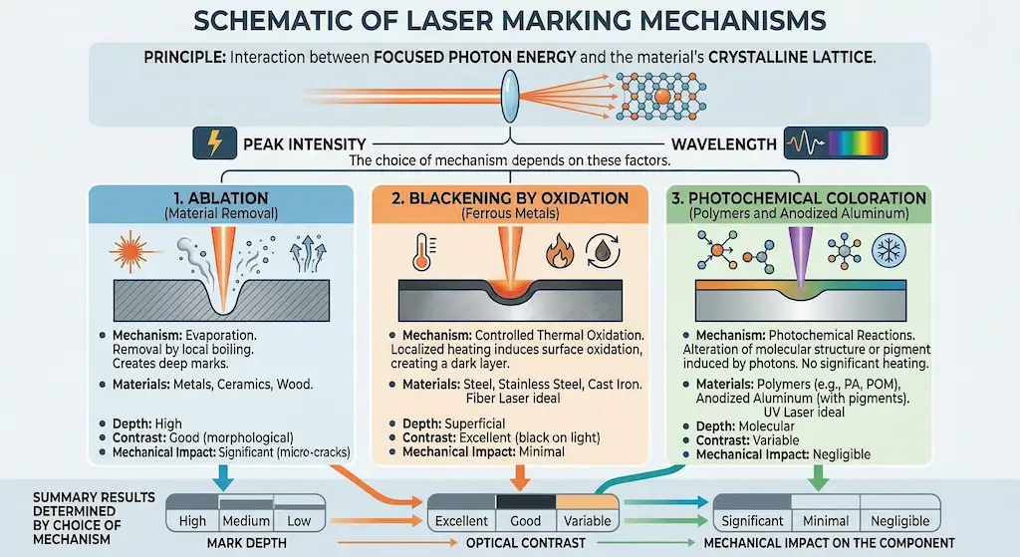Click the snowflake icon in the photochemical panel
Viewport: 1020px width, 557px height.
(889, 250)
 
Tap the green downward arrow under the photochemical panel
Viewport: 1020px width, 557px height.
(817, 476)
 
